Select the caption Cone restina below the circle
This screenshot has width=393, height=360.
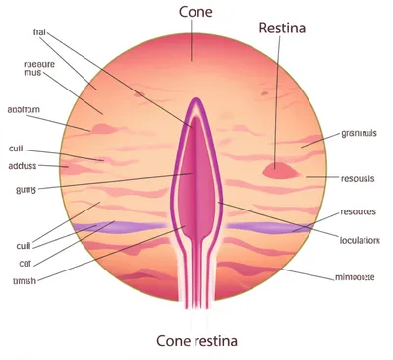click(x=196, y=340)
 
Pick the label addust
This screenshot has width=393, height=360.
click(x=23, y=166)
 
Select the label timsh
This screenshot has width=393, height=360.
click(x=26, y=281)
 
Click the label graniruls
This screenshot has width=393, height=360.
click(x=360, y=133)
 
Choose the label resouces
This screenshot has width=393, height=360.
click(x=358, y=211)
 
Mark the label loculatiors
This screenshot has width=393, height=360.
click(x=360, y=239)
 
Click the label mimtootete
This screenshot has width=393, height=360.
click(x=355, y=277)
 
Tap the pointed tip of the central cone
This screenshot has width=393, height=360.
click(x=196, y=101)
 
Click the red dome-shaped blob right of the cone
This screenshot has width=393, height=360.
click(x=281, y=170)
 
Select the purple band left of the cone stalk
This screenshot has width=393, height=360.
click(x=128, y=228)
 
